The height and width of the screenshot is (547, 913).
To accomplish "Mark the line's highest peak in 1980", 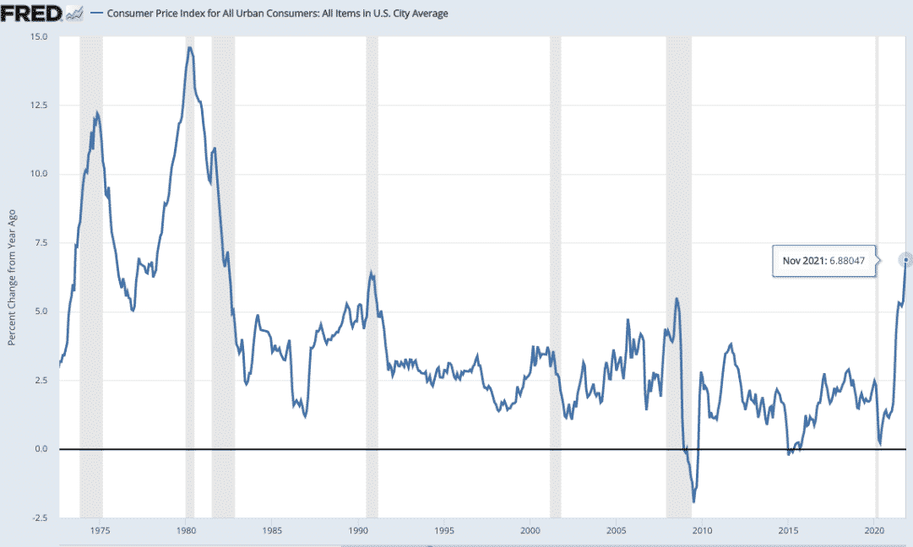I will pyautogui.click(x=190, y=47).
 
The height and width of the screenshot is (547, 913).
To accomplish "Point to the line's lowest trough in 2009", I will pyautogui.click(x=693, y=502).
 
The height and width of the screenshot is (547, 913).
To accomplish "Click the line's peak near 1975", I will pyautogui.click(x=97, y=112).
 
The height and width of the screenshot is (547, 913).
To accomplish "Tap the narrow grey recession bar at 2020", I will pyautogui.click(x=877, y=253).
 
